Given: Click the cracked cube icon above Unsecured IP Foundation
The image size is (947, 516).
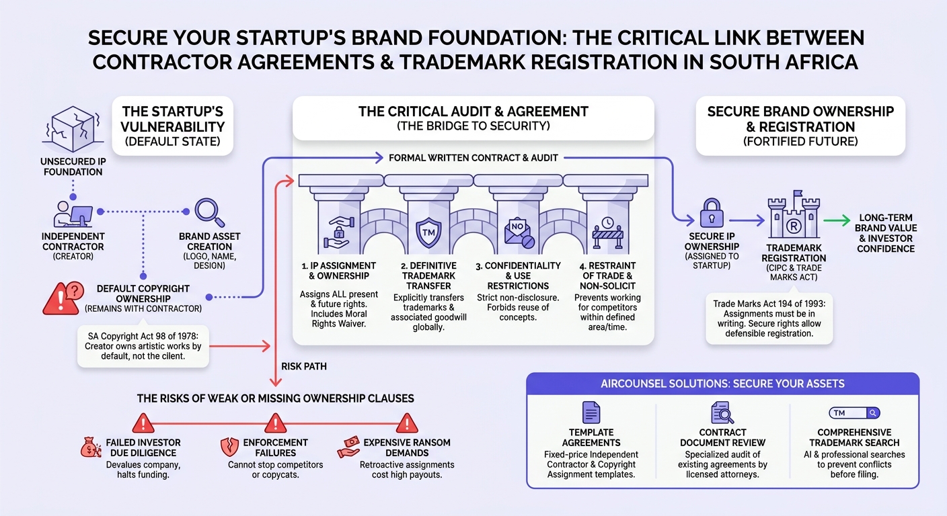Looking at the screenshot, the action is [x=73, y=129].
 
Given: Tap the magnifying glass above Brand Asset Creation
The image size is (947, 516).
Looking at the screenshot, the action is [x=209, y=213].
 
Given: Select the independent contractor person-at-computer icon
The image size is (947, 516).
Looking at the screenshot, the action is [x=73, y=214].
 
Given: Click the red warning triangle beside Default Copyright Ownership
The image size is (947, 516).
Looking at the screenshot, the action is [x=63, y=298].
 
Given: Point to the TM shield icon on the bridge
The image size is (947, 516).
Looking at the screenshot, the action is [x=428, y=232].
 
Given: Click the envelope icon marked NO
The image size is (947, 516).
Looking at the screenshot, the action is [x=519, y=232].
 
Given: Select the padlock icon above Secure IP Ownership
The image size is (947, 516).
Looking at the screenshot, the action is [x=712, y=213].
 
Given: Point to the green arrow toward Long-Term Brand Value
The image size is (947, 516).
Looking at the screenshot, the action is [x=837, y=220].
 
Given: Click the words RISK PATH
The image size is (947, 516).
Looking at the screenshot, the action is [x=304, y=366].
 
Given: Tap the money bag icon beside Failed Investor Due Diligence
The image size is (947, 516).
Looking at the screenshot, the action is [x=91, y=447].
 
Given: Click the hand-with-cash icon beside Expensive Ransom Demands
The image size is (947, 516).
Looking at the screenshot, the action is [x=349, y=447].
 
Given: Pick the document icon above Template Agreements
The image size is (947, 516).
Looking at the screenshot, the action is [x=591, y=412].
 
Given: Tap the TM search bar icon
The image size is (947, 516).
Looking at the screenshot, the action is [x=854, y=413].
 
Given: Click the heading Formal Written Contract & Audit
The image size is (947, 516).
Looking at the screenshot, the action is [x=473, y=158].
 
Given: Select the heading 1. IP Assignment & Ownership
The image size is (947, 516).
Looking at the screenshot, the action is [x=338, y=271].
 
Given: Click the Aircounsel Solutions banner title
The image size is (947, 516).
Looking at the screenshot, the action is [x=722, y=384].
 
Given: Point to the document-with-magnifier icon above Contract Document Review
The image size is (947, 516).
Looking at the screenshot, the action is [x=722, y=412].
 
